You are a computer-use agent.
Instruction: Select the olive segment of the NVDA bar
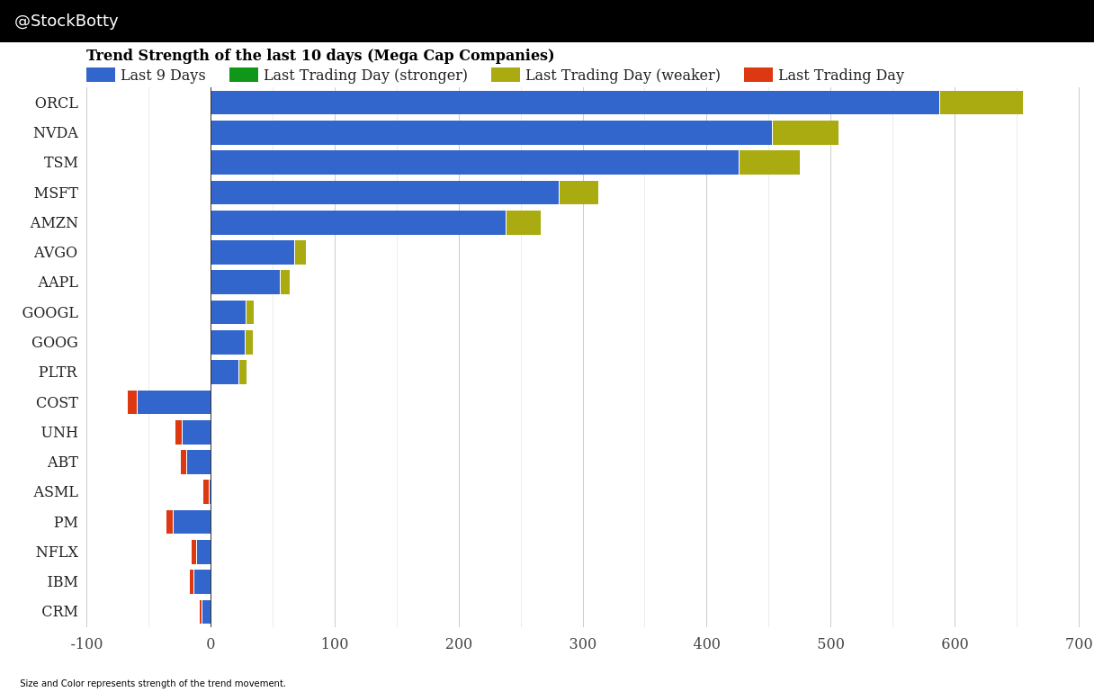pyautogui.click(x=805, y=132)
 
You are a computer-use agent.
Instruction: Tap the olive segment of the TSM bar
pyautogui.click(x=769, y=162)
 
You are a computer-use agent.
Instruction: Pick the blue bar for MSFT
pyautogui.click(x=384, y=193)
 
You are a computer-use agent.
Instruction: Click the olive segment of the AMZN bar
pyautogui.click(x=524, y=222)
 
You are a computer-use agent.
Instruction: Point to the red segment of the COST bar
pyautogui.click(x=132, y=402)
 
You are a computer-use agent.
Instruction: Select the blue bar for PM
pyautogui.click(x=192, y=522)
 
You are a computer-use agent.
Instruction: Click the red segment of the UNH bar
pyautogui.click(x=178, y=432)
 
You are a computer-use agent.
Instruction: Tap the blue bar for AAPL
pyautogui.click(x=245, y=282)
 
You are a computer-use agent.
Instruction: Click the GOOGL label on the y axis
pyautogui.click(x=50, y=312)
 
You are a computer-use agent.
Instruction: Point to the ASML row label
pyautogui.click(x=56, y=491)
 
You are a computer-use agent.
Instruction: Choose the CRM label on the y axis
pyautogui.click(x=59, y=611)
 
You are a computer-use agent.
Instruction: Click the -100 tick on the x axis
pyautogui.click(x=86, y=643)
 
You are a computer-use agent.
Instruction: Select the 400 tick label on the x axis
pyautogui.click(x=706, y=643)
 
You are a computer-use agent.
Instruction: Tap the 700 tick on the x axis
pyautogui.click(x=1079, y=643)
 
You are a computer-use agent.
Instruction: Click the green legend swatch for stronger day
pyautogui.click(x=244, y=75)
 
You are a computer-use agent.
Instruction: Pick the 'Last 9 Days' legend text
pyautogui.click(x=163, y=75)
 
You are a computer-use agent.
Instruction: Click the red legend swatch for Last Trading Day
pyautogui.click(x=758, y=75)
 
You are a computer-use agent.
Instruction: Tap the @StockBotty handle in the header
pyautogui.click(x=67, y=21)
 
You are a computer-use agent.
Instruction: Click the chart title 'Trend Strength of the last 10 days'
pyautogui.click(x=319, y=55)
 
